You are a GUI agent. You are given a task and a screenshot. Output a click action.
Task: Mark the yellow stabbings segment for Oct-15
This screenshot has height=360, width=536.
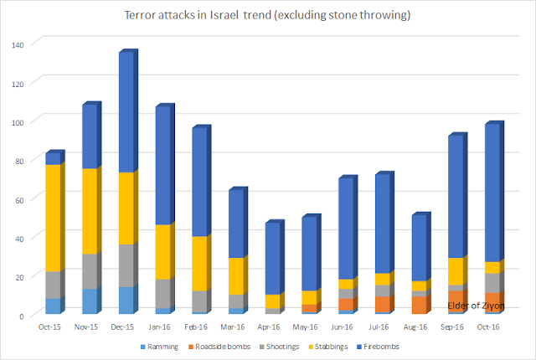pos(54,218)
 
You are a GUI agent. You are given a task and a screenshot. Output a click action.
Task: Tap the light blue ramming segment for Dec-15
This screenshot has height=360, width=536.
pos(126,300)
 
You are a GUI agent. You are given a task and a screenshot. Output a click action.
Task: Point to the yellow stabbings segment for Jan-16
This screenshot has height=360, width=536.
pos(163,252)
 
